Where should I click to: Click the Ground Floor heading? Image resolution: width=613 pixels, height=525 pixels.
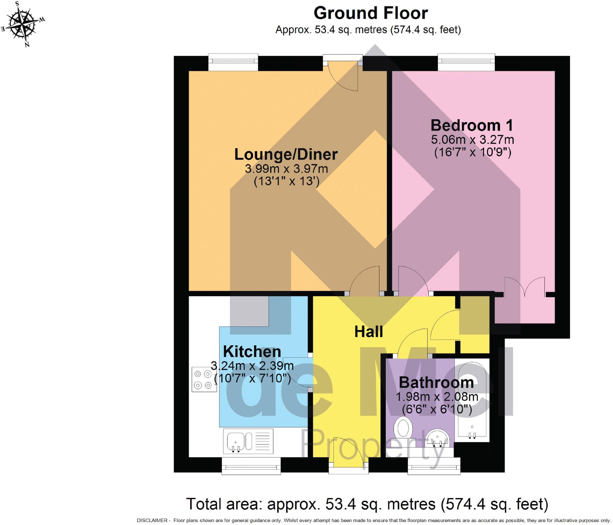pos(371,13)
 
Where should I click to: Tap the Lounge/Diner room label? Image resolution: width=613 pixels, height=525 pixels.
pos(286,154)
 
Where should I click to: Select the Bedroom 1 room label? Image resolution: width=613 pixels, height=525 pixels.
pos(472,125)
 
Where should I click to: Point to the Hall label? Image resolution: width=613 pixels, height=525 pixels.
pos(368,332)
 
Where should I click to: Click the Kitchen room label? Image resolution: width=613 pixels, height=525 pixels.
pos(252,351)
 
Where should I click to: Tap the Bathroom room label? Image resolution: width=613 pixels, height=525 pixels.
pos(436,382)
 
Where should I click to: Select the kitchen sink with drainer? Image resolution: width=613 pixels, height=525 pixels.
pos(248,441)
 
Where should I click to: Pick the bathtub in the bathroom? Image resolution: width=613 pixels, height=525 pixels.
pos(472,401)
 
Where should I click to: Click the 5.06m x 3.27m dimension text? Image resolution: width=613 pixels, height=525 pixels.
pos(472,140)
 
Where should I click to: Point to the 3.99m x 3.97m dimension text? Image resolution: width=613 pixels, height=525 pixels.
pos(286,169)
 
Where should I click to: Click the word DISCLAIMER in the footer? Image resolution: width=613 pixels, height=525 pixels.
pos(152,521)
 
